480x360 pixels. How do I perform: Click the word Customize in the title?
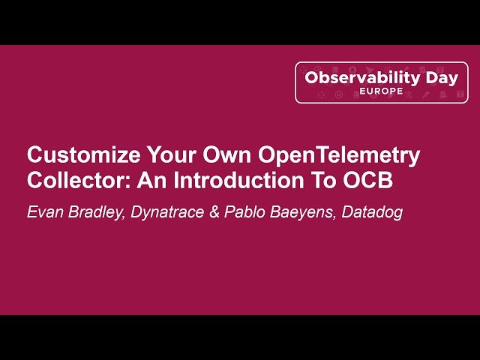point(84,154)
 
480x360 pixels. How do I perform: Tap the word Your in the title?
point(172,154)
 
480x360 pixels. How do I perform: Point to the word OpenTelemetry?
point(339,156)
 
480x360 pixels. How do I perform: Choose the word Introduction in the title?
point(238,180)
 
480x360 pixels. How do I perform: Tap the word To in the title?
point(323,180)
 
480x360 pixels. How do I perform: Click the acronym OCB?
point(367,180)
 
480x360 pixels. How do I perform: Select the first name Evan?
point(45,211)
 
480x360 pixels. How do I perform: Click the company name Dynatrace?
point(167,213)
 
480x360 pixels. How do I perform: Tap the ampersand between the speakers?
point(214,211)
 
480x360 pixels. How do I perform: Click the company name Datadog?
point(372,213)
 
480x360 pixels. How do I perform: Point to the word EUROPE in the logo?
point(381,91)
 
